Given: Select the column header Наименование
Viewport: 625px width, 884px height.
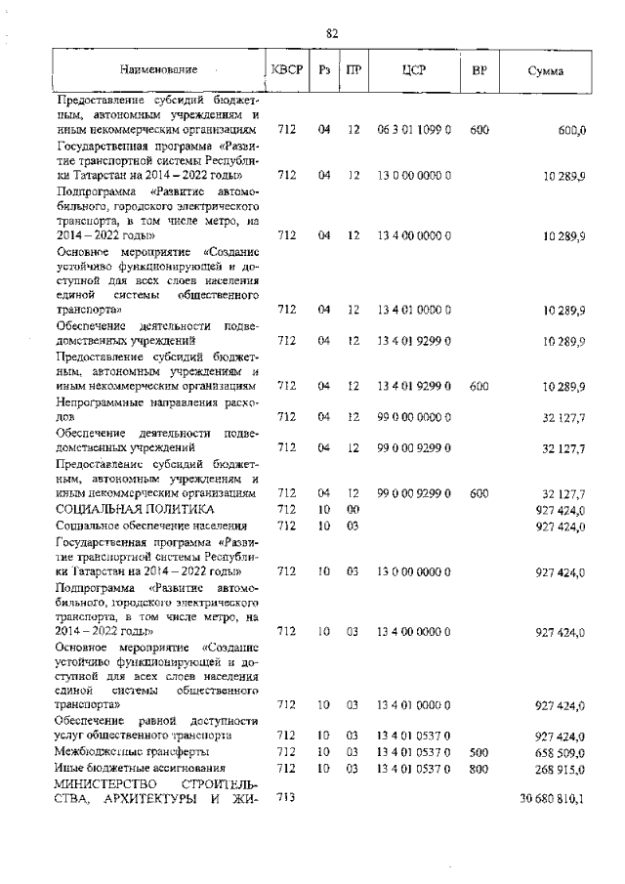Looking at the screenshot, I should (158, 69).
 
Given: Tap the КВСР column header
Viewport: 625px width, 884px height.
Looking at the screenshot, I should (287, 69).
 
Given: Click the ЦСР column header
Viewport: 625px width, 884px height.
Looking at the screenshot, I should (412, 69).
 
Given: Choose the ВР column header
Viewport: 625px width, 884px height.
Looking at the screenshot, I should (479, 69).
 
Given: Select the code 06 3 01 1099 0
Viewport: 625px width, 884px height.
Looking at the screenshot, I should (413, 128).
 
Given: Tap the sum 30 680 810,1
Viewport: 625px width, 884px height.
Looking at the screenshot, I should (553, 798).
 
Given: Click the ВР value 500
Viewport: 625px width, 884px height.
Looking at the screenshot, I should (479, 752).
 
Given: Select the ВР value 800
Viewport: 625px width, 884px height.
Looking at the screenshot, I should (479, 768).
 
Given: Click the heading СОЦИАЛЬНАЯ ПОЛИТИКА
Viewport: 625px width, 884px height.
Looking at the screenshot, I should (135, 510).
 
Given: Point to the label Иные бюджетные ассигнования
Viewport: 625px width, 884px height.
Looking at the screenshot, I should (141, 768).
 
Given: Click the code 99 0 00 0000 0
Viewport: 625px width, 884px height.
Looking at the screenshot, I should (413, 417).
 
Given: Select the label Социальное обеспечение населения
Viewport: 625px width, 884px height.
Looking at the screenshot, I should (147, 526).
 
